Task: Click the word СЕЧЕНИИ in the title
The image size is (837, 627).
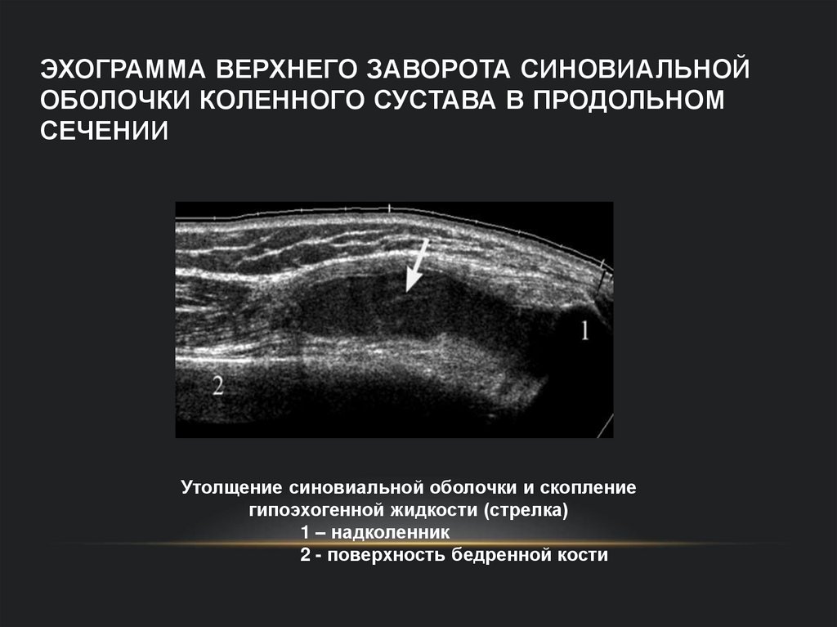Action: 103,131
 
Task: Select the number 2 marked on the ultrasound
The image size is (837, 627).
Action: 217,385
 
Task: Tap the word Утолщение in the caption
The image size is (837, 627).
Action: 231,489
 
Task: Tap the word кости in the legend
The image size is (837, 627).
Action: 585,556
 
